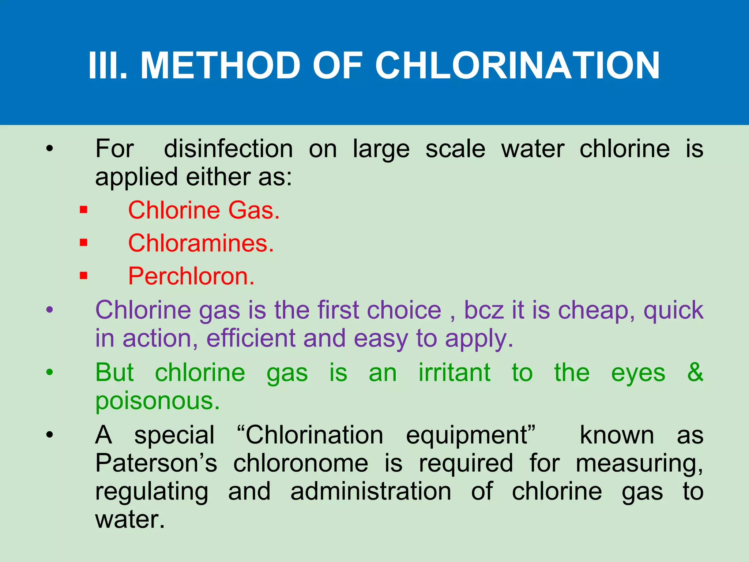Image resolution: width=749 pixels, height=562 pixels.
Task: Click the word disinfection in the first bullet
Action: tap(228, 149)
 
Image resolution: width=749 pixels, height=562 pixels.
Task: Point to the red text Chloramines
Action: tap(201, 243)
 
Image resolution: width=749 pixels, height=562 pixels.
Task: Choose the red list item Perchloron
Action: tap(191, 276)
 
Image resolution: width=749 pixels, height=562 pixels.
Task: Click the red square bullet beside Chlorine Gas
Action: tap(84, 210)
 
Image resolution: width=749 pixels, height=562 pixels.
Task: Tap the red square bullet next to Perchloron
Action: tap(84, 276)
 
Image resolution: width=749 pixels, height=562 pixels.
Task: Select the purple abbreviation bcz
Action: tap(484, 310)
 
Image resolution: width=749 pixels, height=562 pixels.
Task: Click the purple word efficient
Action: tap(251, 338)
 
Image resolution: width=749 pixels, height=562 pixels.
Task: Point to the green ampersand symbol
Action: tap(695, 372)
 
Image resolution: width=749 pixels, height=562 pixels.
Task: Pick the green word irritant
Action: tap(454, 373)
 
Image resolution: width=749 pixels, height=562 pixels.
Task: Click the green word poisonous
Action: tap(157, 401)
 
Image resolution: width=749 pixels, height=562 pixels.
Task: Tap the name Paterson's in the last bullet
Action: tap(156, 463)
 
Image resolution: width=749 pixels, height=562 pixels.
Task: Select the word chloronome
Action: tap(301, 463)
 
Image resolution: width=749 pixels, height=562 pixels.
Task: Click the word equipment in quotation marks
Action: tap(470, 435)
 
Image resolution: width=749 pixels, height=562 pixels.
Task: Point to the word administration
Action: tap(370, 491)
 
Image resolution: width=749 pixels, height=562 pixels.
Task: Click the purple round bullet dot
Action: tap(50, 310)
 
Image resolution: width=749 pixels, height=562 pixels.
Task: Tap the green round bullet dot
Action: tap(50, 373)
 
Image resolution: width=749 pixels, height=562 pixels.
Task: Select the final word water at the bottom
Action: tap(130, 519)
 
